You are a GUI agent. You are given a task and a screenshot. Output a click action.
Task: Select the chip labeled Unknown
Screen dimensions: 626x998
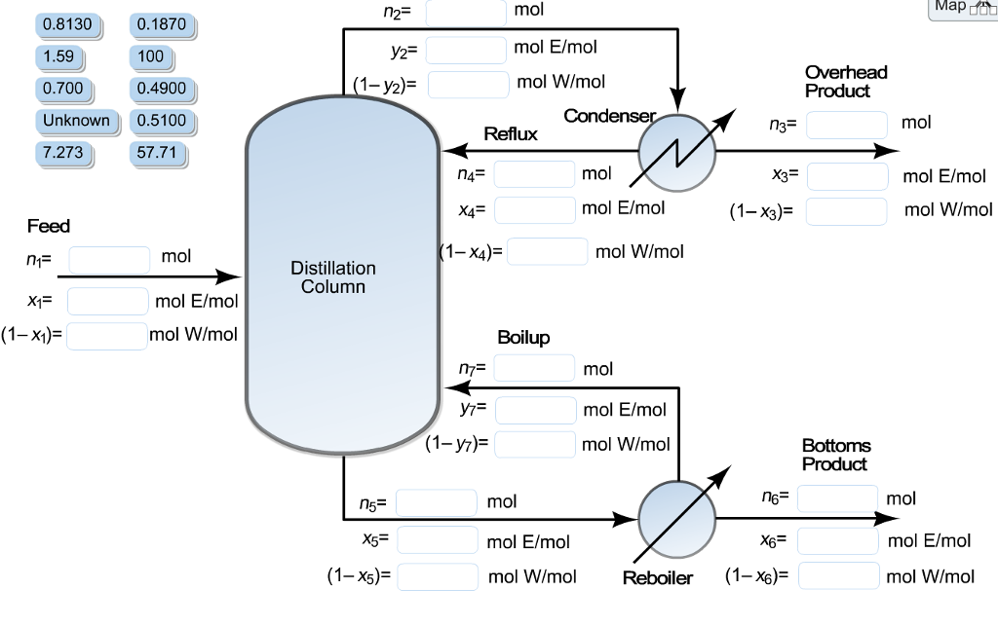pyautogui.click(x=77, y=121)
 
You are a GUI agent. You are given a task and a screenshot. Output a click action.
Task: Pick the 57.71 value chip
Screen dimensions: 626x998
pyautogui.click(x=156, y=153)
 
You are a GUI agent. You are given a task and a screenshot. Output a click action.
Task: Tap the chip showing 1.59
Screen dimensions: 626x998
pyautogui.click(x=58, y=55)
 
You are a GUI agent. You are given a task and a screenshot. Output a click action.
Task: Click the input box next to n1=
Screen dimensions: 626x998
pyautogui.click(x=109, y=259)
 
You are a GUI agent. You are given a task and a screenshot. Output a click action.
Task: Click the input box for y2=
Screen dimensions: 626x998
pyautogui.click(x=466, y=49)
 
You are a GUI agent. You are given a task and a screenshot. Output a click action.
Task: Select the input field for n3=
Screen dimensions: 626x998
pyautogui.click(x=846, y=125)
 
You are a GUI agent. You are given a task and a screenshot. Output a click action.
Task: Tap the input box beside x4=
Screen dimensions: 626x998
pyautogui.click(x=534, y=209)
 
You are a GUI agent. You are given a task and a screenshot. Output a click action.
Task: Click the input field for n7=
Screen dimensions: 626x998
pyautogui.click(x=534, y=368)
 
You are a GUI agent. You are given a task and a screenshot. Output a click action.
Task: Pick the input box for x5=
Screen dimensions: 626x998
pyautogui.click(x=437, y=539)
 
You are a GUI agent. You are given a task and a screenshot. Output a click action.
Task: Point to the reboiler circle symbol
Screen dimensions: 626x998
pyautogui.click(x=676, y=518)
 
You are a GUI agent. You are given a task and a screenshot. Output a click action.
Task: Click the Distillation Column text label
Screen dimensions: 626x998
pyautogui.click(x=333, y=276)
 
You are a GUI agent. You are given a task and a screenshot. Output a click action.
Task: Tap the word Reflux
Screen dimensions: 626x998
pyautogui.click(x=510, y=134)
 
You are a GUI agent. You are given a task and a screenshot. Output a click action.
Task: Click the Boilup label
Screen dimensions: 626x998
pyautogui.click(x=523, y=338)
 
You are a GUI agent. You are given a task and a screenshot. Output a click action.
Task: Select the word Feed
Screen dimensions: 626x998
pyautogui.click(x=49, y=226)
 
